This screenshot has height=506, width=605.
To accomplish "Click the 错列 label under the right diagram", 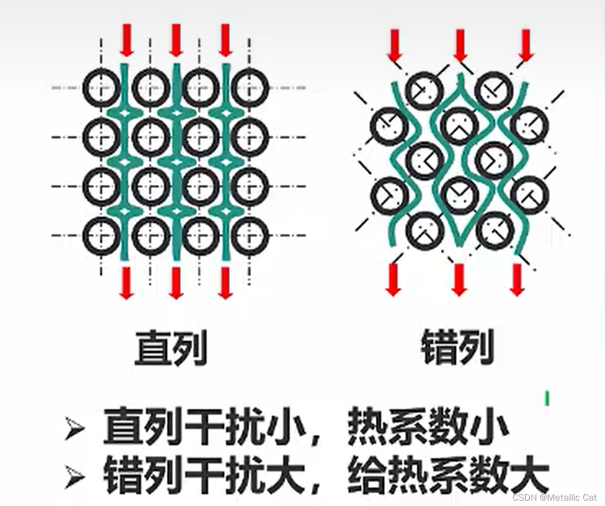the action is coord(458,347).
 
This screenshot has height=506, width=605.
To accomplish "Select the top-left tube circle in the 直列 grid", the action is coord(102,87).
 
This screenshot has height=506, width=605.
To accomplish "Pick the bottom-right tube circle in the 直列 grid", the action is coord(250,235).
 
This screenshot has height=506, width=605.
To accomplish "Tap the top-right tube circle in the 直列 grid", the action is coord(250,87).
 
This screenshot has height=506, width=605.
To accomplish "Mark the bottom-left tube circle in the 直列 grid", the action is coord(102,235).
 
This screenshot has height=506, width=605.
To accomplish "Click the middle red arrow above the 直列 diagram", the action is coord(176,39).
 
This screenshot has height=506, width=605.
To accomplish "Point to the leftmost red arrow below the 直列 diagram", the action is coord(126,282).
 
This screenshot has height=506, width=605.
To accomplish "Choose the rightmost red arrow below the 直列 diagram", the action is coord(225,282).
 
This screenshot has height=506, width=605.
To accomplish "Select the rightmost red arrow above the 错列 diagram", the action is coord(526,45).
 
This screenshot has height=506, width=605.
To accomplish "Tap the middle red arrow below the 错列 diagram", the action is coord(459,279).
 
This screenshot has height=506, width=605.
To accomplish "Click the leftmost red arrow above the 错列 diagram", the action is coord(394,45).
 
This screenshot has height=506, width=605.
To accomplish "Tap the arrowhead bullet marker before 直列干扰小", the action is coord(74,430).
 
